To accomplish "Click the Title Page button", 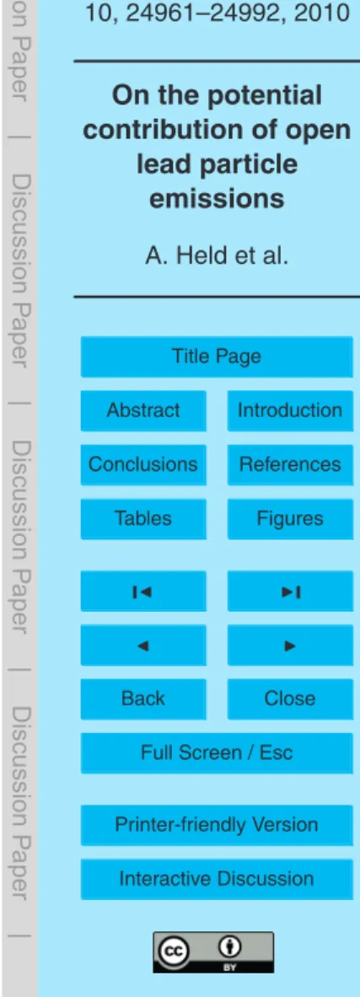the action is (217, 356).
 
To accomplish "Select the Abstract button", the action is (143, 410).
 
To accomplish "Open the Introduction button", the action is (289, 410).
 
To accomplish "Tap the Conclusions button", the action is (143, 464).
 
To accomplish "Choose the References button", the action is (289, 464).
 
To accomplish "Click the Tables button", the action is (143, 518).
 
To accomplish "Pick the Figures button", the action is (289, 518).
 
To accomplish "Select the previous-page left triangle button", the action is (143, 645).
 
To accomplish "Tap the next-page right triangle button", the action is (289, 645).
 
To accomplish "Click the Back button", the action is (143, 699).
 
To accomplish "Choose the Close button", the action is (289, 699).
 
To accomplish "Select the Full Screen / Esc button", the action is (217, 753).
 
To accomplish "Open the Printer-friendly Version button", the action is (217, 825).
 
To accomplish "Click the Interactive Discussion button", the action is (217, 879).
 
